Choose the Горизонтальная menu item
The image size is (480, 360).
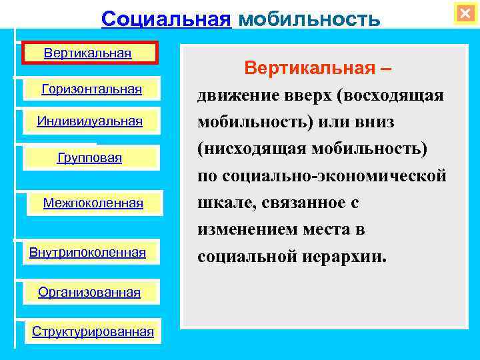click(x=92, y=89)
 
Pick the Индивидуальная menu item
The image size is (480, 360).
click(x=90, y=121)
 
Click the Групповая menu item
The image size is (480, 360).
click(x=90, y=158)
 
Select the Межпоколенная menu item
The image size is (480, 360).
click(x=93, y=203)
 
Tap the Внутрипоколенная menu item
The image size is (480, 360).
click(x=88, y=252)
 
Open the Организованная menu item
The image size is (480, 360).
click(x=89, y=292)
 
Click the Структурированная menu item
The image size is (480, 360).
click(x=93, y=331)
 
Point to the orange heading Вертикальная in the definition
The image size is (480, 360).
click(x=313, y=68)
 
